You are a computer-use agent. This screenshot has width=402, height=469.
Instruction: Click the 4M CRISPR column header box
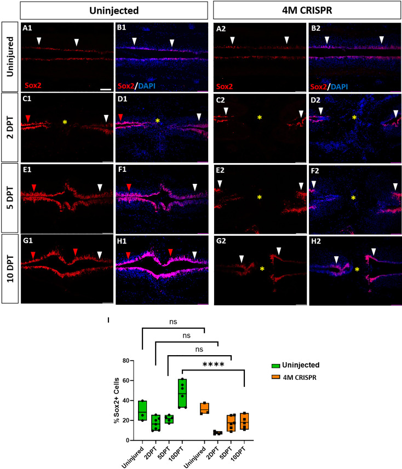point(306,10)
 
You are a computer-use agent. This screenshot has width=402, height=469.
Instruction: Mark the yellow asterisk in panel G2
point(262,269)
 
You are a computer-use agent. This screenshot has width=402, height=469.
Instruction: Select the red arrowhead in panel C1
point(28,118)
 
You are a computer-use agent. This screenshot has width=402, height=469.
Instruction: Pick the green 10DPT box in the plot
point(182,393)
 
